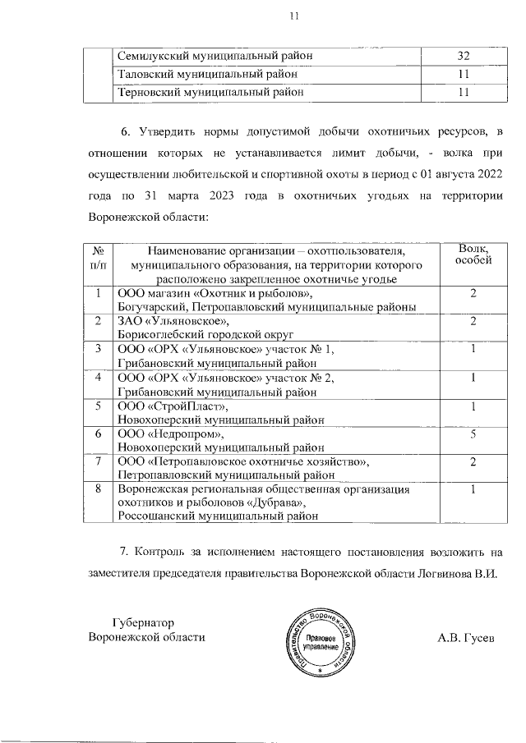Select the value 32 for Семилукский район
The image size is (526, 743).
pyautogui.click(x=463, y=56)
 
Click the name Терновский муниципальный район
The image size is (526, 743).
pyautogui.click(x=210, y=93)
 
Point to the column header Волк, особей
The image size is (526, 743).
pyautogui.click(x=473, y=255)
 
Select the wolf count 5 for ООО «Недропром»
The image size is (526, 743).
pyautogui.click(x=473, y=433)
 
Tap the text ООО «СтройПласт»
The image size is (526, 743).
pyautogui.click(x=172, y=406)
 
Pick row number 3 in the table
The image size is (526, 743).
pyautogui.click(x=98, y=349)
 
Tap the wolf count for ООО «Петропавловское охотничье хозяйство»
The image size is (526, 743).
pyautogui.click(x=473, y=461)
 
